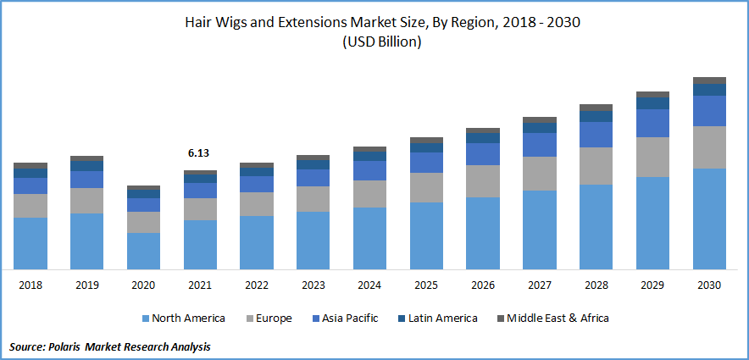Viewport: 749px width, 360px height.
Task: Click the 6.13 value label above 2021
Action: tap(199, 153)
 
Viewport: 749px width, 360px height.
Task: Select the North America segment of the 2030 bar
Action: tap(709, 219)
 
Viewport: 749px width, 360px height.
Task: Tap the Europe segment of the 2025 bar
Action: tap(426, 187)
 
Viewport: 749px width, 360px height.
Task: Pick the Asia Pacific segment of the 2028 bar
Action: tap(596, 135)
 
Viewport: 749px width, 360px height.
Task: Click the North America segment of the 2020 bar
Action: tap(143, 251)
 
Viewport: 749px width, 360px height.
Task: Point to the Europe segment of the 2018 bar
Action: tap(31, 206)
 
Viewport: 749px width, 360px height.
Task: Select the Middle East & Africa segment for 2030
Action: tap(709, 80)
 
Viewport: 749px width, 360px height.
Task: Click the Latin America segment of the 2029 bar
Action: tap(652, 103)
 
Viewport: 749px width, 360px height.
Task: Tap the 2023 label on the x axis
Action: tap(313, 285)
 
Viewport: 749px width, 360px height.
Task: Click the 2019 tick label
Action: tap(86, 285)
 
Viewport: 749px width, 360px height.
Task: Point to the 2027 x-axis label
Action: tap(539, 285)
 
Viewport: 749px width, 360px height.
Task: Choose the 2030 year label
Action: tap(709, 285)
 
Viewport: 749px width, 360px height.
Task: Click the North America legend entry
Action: tap(183, 318)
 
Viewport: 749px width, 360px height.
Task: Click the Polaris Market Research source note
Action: tap(110, 347)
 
